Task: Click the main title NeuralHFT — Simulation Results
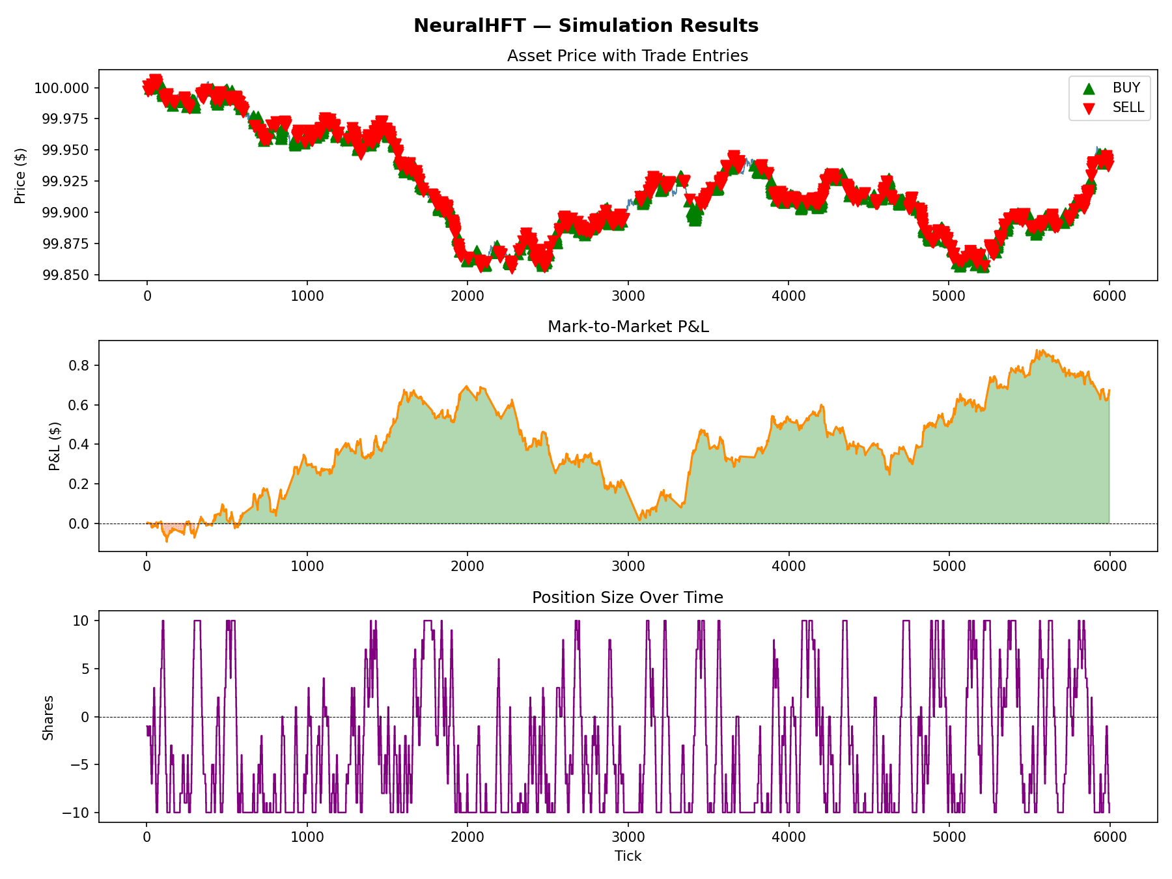pyautogui.click(x=586, y=26)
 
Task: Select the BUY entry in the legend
pyautogui.click(x=1126, y=88)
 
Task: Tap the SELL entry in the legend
pyautogui.click(x=1128, y=107)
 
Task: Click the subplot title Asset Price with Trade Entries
pyautogui.click(x=628, y=56)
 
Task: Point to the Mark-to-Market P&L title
pyautogui.click(x=628, y=327)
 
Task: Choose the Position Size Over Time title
pyautogui.click(x=628, y=598)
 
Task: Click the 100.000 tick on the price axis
pyautogui.click(x=62, y=88)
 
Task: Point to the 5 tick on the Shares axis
pyautogui.click(x=85, y=669)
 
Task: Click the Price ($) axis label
pyautogui.click(x=21, y=176)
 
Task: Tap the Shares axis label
pyautogui.click(x=48, y=718)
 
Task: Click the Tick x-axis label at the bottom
pyautogui.click(x=628, y=856)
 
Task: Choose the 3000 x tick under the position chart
pyautogui.click(x=628, y=837)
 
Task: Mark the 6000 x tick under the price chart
pyautogui.click(x=1109, y=296)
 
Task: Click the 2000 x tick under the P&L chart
pyautogui.click(x=467, y=566)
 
